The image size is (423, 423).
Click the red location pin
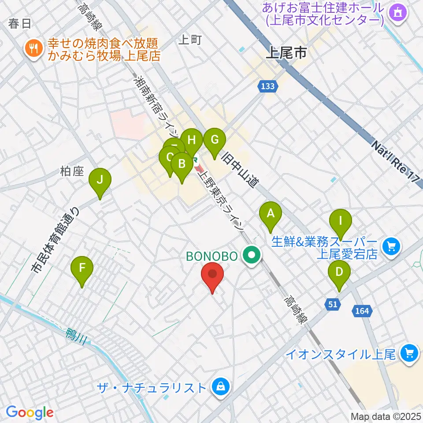click(x=212, y=275)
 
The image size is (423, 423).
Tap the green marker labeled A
click(x=271, y=215)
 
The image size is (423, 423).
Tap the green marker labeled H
click(x=192, y=141)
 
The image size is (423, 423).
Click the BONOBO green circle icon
click(x=252, y=256)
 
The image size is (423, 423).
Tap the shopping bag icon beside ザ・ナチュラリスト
click(x=219, y=387)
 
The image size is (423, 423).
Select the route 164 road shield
click(x=361, y=311)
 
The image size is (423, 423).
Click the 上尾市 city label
click(x=286, y=54)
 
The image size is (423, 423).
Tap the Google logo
click(x=30, y=412)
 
